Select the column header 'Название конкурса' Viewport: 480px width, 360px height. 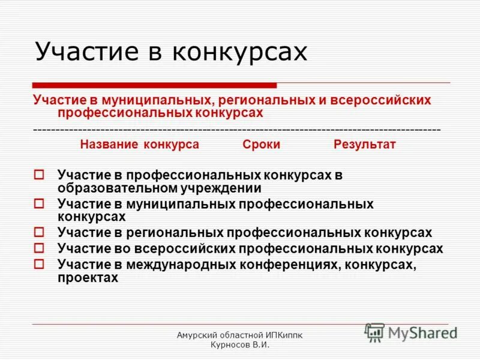pyautogui.click(x=140, y=145)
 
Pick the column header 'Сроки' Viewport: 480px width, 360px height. pyautogui.click(x=262, y=145)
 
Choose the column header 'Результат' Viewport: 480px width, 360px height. pyautogui.click(x=365, y=145)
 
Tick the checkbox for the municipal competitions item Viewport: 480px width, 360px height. pyautogui.click(x=40, y=204)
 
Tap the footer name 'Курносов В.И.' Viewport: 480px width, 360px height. pyautogui.click(x=241, y=345)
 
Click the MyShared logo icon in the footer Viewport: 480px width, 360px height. pyautogui.click(x=374, y=332)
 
